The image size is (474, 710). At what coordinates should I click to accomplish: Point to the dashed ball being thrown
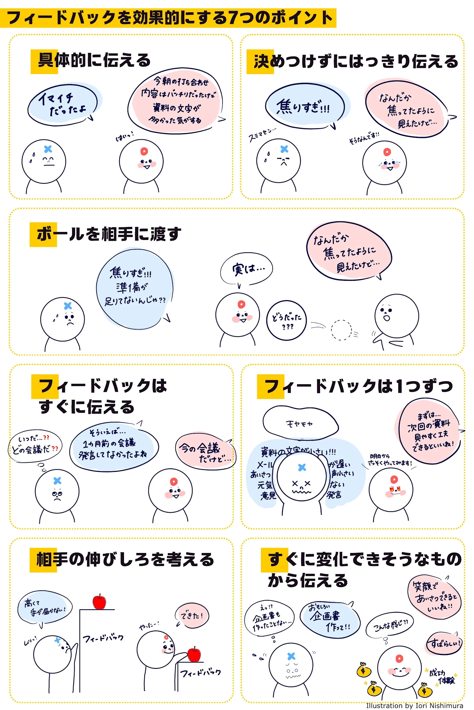pos(341,330)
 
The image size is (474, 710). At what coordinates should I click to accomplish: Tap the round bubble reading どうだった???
pos(286,320)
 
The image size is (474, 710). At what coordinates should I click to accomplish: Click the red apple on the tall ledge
pos(100,602)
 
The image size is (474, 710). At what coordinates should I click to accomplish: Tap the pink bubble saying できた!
pos(192,616)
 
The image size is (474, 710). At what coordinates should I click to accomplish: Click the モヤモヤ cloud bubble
pos(300,424)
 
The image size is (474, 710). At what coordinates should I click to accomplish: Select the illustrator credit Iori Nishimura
pos(415,706)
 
